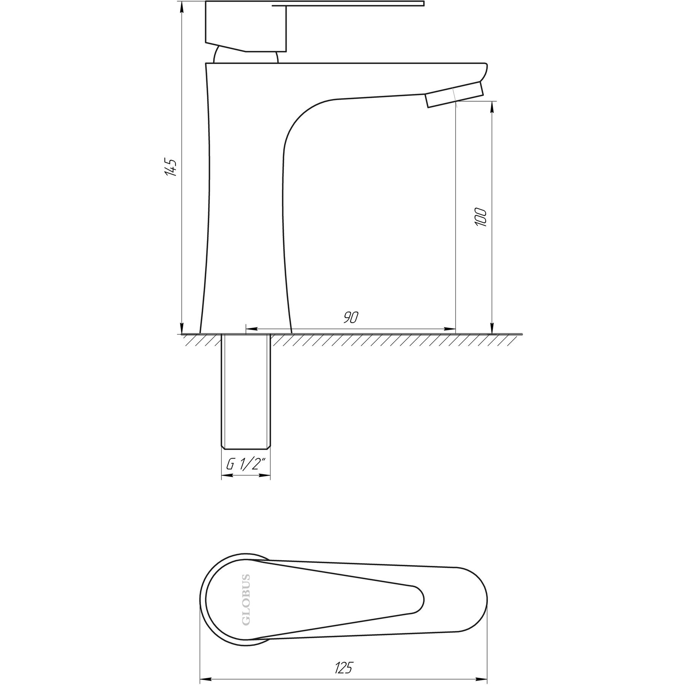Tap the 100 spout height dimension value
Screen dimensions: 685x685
coord(481,217)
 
